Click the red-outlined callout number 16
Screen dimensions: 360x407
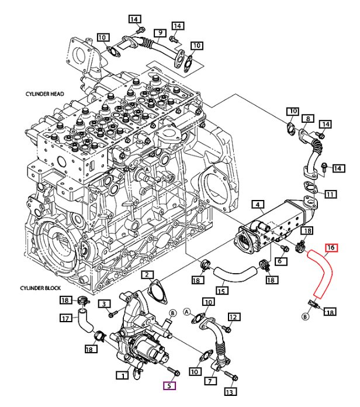(x=331, y=247)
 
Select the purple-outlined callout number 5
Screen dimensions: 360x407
(x=169, y=385)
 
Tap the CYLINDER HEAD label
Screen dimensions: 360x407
(x=44, y=94)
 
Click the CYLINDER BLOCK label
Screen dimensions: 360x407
(x=40, y=288)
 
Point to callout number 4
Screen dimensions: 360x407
(x=258, y=205)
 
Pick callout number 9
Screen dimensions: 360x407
(x=160, y=33)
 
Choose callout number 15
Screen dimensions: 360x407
(x=221, y=291)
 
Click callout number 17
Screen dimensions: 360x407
(x=66, y=318)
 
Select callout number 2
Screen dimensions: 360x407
(x=147, y=275)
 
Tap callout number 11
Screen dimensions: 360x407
(x=330, y=194)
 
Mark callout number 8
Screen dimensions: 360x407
(x=308, y=119)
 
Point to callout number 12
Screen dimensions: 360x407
(x=233, y=317)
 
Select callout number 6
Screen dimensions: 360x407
(x=280, y=261)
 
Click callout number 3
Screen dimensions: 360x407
(x=104, y=303)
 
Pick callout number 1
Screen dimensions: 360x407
(x=122, y=375)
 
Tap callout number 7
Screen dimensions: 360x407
(x=210, y=381)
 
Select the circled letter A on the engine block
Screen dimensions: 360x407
(x=147, y=170)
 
